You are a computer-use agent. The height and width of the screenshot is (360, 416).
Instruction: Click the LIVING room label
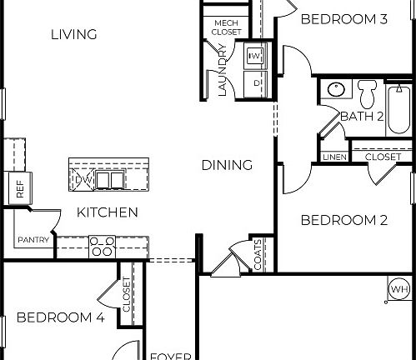click(x=73, y=34)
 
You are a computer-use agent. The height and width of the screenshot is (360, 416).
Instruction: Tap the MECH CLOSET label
click(x=228, y=27)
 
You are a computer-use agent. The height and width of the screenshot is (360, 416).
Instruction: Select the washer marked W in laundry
click(x=255, y=57)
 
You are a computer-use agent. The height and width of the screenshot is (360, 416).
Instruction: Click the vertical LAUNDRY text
click(x=223, y=71)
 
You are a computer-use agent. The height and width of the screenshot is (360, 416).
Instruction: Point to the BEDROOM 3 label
click(x=343, y=18)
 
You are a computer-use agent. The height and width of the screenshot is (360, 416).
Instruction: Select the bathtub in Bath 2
click(x=398, y=107)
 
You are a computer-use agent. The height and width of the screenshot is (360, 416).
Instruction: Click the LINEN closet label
click(x=334, y=157)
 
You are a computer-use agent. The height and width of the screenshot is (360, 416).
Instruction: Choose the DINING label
click(x=227, y=165)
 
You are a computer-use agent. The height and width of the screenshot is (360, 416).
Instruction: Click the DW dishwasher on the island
click(x=82, y=179)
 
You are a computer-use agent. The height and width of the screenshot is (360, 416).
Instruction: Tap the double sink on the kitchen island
click(x=109, y=179)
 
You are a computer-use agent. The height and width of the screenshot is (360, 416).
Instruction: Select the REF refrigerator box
click(x=17, y=190)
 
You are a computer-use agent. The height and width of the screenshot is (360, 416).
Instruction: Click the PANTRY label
click(x=33, y=240)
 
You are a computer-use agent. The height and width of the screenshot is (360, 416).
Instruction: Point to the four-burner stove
click(x=102, y=246)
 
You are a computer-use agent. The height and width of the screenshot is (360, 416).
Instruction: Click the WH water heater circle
click(x=399, y=289)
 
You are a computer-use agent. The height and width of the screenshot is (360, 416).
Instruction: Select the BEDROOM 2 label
click(x=343, y=220)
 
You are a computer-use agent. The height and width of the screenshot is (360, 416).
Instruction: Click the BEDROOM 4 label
click(x=60, y=317)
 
